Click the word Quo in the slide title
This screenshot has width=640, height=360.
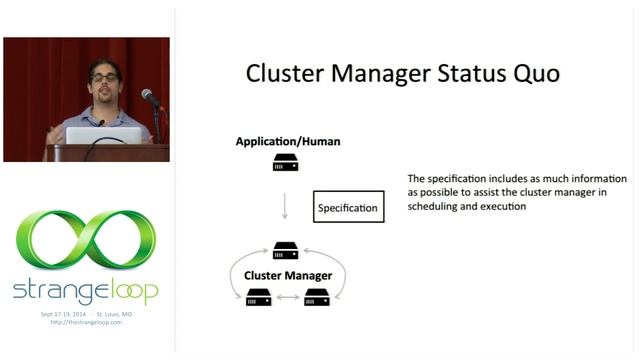[x=531, y=75]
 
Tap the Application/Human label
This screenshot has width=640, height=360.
[x=287, y=141]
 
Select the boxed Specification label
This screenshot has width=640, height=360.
[x=348, y=208]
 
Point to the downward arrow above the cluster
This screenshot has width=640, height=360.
[x=286, y=206]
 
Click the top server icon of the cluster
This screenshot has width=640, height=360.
[x=286, y=251]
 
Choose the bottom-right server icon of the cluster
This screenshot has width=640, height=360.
[x=317, y=296]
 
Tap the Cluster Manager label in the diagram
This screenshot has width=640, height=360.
[x=287, y=274]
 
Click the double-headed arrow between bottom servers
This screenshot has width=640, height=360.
[x=287, y=297]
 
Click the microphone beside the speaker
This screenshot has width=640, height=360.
[x=150, y=97]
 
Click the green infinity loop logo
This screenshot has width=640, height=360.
[x=85, y=241]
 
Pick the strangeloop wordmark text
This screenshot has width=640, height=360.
[x=85, y=291]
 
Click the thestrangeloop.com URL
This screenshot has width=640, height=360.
[x=85, y=321]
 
